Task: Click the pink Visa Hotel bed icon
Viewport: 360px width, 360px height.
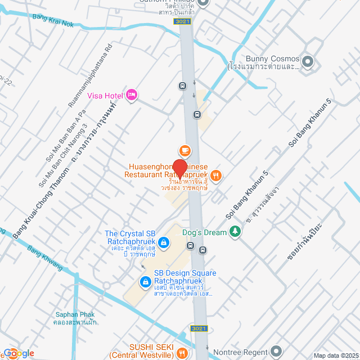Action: [x=132, y=94]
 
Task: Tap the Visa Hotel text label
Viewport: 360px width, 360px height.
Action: [x=106, y=95]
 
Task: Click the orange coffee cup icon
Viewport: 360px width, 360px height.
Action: [x=184, y=150]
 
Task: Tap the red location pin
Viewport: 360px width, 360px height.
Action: [x=179, y=168]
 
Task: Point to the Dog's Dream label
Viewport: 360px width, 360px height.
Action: [x=203, y=231]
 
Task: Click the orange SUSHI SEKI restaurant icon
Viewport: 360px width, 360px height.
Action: [x=181, y=353]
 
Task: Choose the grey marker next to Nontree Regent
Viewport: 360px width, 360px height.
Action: [x=276, y=352]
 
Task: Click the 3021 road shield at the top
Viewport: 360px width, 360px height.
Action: [x=182, y=21]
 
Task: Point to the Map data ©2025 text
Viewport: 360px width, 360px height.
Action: [x=335, y=355]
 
